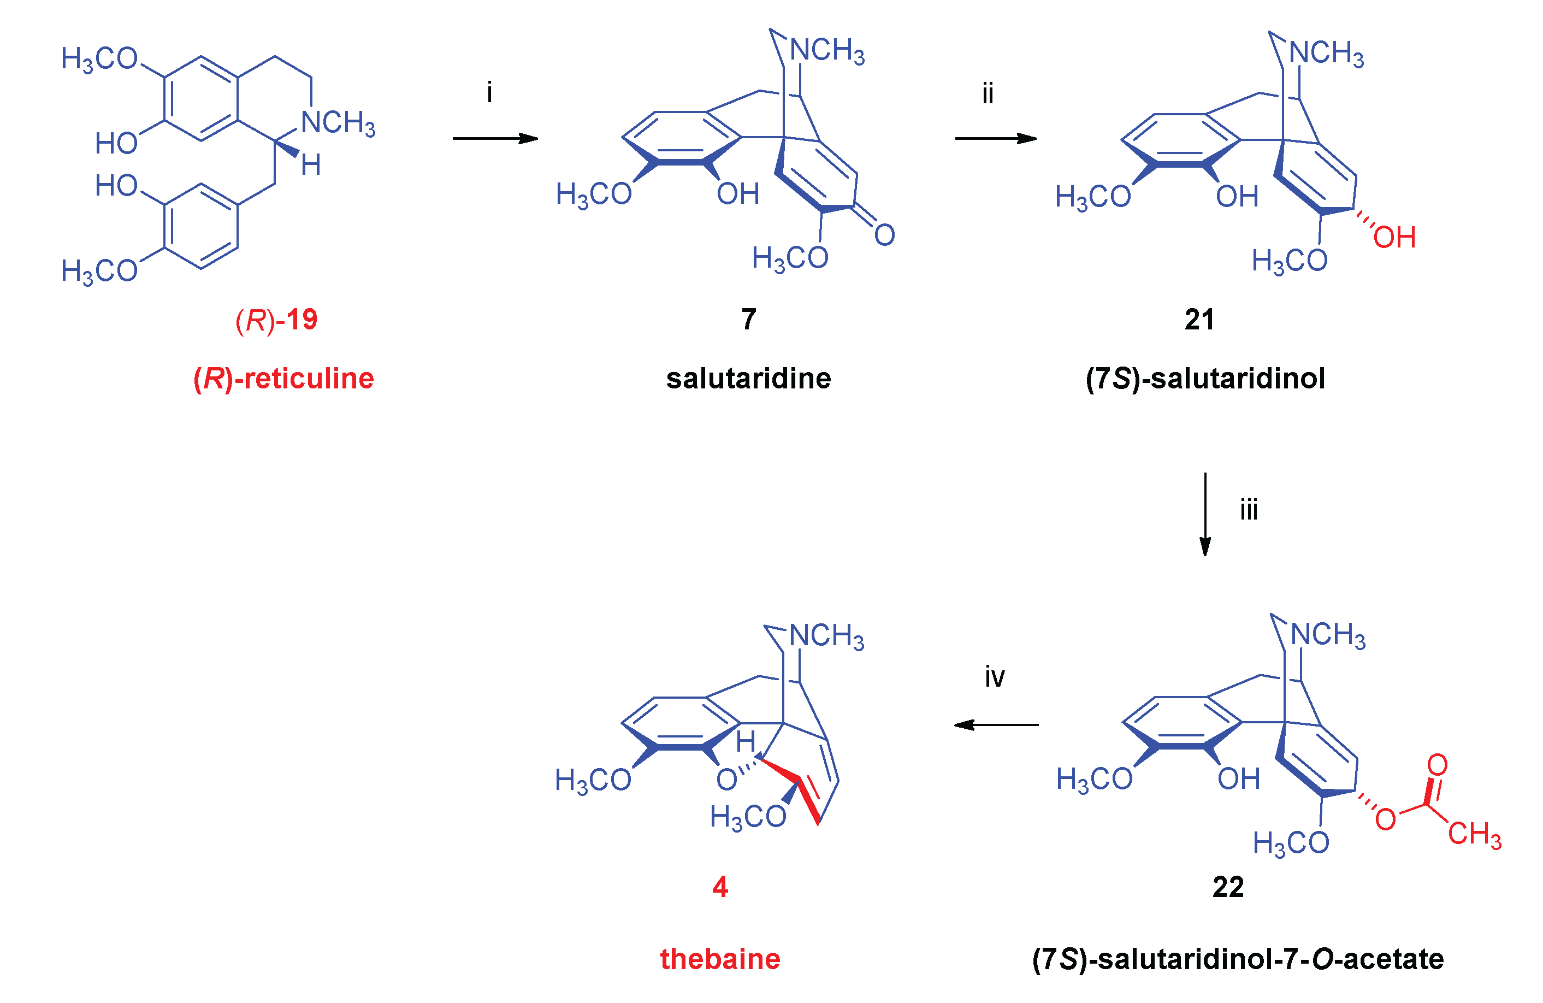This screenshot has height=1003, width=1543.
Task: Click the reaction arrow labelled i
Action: [495, 138]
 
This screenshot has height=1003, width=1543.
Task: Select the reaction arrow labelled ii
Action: [995, 138]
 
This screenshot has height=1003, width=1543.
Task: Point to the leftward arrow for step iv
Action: [996, 725]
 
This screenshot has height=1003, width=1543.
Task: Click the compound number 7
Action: [749, 319]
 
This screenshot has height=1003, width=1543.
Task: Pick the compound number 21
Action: [1199, 319]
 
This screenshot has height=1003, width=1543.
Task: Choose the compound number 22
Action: [1228, 887]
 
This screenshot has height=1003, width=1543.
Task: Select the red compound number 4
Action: [720, 887]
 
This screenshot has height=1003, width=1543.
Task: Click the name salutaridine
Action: [748, 379]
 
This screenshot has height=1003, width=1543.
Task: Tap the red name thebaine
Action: [720, 959]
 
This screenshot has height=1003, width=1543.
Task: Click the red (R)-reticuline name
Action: [283, 379]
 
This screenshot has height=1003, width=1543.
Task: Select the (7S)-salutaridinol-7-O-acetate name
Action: [1238, 959]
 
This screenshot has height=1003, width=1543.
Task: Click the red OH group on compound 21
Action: [1394, 237]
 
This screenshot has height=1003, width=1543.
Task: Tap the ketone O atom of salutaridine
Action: [884, 235]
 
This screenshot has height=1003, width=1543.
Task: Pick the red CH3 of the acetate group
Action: [1474, 834]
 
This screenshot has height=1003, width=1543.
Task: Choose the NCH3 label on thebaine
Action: [826, 636]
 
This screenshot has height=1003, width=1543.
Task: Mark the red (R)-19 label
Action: [277, 319]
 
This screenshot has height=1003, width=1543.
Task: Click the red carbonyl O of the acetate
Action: [1438, 765]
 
